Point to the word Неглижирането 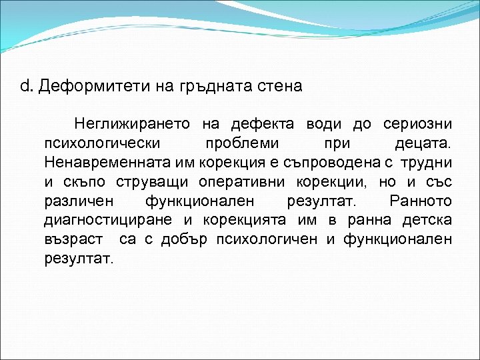pos(132,124)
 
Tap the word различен pos(78,201)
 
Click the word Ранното pos(421,201)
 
